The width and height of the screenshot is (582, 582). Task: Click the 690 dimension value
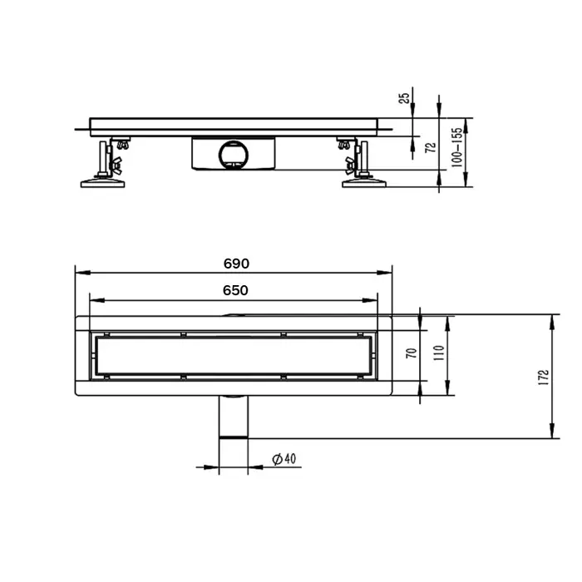pyautogui.click(x=236, y=264)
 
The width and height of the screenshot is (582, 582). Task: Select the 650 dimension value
pyautogui.click(x=236, y=290)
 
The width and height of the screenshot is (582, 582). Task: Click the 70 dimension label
pyautogui.click(x=410, y=353)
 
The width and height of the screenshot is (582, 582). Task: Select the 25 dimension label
pyautogui.click(x=404, y=97)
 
